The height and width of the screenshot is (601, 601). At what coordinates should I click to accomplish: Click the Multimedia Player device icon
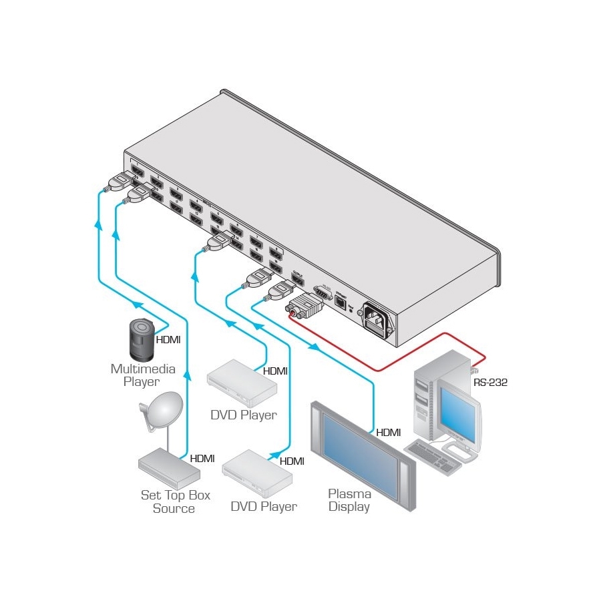pyautogui.click(x=141, y=340)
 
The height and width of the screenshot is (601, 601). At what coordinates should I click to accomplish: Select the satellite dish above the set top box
pyautogui.click(x=161, y=411)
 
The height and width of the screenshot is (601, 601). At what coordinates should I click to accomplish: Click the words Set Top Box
pyautogui.click(x=175, y=495)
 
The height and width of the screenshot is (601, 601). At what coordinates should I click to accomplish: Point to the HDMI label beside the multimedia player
pyautogui.click(x=168, y=339)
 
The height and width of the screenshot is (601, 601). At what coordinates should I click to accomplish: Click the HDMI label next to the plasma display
pyautogui.click(x=388, y=433)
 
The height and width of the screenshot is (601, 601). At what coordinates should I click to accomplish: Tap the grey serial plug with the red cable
pyautogui.click(x=305, y=307)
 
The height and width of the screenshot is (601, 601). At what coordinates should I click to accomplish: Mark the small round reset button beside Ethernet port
pyautogui.click(x=352, y=311)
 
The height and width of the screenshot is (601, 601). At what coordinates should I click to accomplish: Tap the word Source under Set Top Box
pyautogui.click(x=174, y=509)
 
